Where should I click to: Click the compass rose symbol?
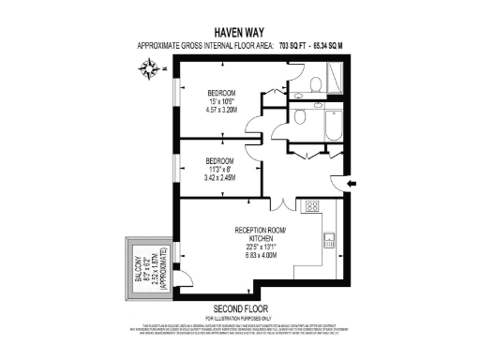150,67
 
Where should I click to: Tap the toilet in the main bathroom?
299,118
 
